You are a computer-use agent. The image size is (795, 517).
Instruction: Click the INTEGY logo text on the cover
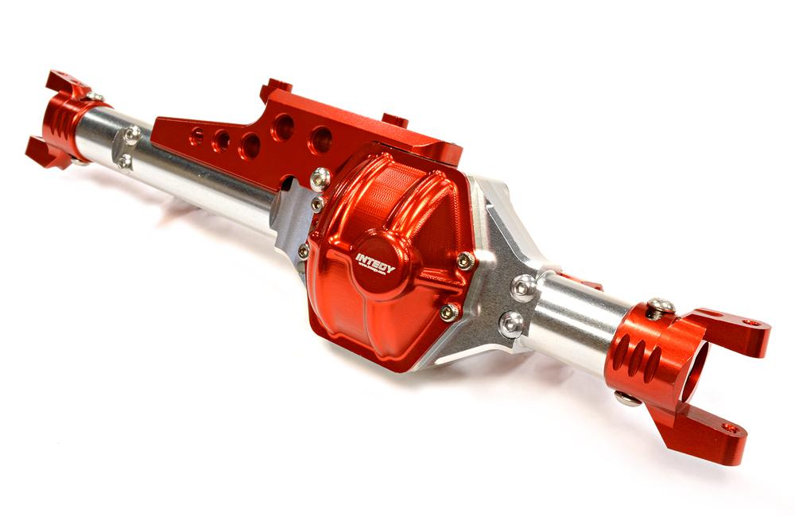tap(374, 263)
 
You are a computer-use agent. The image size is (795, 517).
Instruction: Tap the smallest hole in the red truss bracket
tap(196, 136)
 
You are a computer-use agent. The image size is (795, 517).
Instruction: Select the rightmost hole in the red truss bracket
tap(320, 139)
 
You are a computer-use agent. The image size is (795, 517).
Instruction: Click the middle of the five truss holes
tap(250, 145)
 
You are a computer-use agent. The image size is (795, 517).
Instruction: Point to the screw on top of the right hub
tap(660, 305)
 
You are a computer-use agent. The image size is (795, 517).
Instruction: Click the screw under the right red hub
tap(627, 398)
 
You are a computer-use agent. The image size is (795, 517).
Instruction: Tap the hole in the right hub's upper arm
tap(751, 323)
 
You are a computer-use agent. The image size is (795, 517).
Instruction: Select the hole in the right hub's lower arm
tap(730, 428)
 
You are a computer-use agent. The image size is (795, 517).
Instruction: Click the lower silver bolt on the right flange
tap(511, 323)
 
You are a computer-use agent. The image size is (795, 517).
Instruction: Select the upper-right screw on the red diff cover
tap(463, 261)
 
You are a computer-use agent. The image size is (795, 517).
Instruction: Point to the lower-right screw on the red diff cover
tap(449, 312)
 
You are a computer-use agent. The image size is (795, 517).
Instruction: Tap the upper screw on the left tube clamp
tap(133, 133)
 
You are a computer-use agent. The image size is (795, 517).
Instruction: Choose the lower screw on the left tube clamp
tap(124, 161)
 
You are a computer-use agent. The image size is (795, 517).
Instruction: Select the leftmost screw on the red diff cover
tap(303, 251)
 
